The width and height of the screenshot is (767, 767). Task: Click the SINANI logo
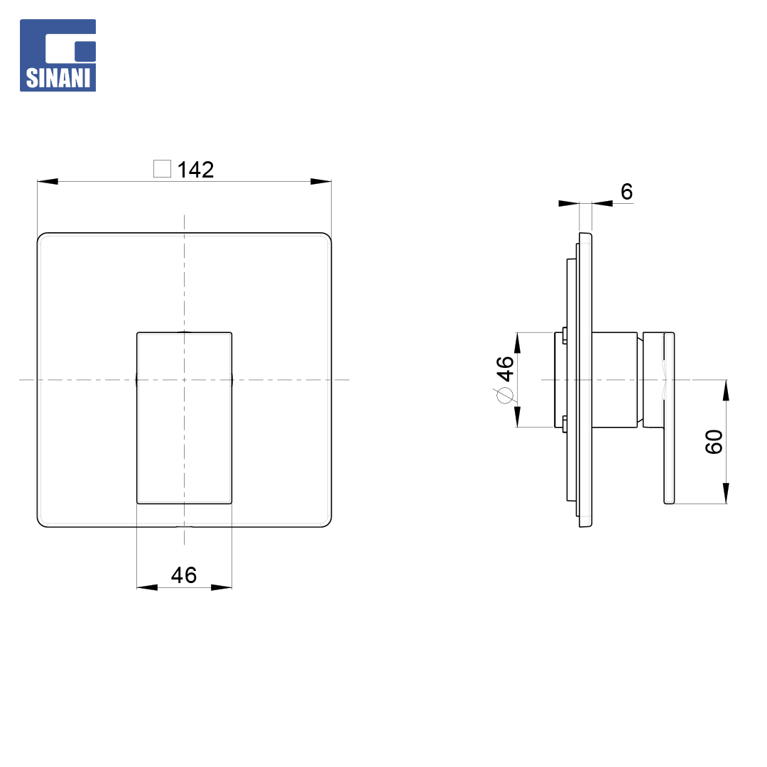(58, 55)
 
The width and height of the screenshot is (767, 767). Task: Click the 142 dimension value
(196, 170)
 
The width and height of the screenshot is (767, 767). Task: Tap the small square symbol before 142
(163, 169)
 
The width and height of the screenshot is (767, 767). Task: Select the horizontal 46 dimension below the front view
(184, 575)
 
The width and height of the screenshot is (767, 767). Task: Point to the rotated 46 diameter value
(506, 369)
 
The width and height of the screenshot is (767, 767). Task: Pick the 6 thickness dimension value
(626, 192)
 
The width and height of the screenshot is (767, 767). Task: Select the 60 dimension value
(714, 442)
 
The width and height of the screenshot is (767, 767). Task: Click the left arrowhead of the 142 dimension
(48, 182)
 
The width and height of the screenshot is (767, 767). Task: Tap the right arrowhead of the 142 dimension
(321, 182)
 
